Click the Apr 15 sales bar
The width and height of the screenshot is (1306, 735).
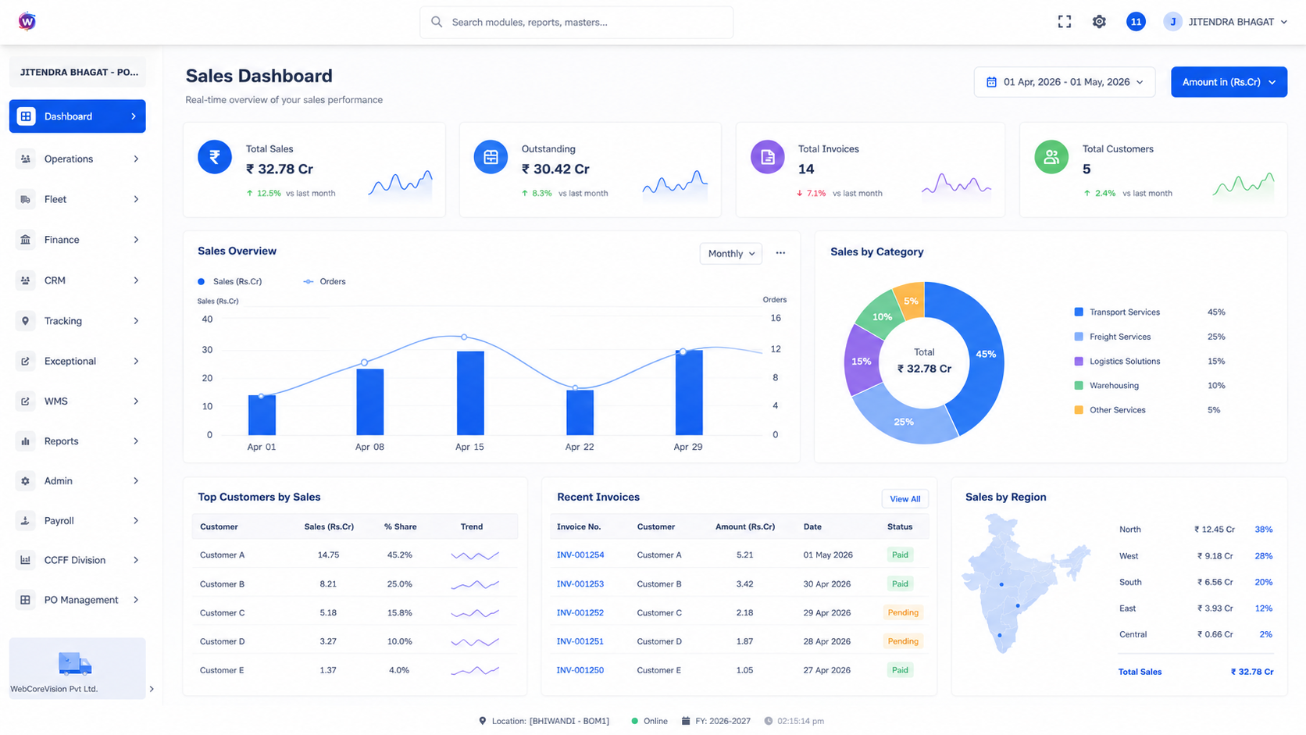(470, 393)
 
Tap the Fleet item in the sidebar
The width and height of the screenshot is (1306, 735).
(77, 199)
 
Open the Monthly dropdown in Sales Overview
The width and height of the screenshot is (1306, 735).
(730, 254)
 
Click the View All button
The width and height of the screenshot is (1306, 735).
(905, 499)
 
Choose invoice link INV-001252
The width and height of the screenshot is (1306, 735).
(580, 612)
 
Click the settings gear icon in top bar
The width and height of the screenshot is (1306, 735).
(1099, 22)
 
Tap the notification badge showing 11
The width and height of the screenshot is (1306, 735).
(1136, 22)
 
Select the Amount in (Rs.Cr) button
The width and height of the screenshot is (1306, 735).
(1229, 82)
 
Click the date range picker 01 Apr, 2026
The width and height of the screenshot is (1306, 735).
(1065, 82)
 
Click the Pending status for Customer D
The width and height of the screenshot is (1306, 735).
(902, 641)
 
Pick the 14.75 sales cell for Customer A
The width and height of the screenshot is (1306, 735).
(328, 555)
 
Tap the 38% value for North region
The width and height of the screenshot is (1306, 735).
(1264, 530)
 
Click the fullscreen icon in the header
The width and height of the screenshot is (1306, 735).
(1065, 22)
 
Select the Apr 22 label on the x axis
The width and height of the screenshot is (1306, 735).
(580, 447)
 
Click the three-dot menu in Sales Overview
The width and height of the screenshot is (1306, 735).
(780, 253)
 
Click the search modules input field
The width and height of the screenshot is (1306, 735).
(576, 22)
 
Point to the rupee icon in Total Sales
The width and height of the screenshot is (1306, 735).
(215, 156)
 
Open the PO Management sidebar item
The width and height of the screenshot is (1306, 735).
(77, 600)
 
